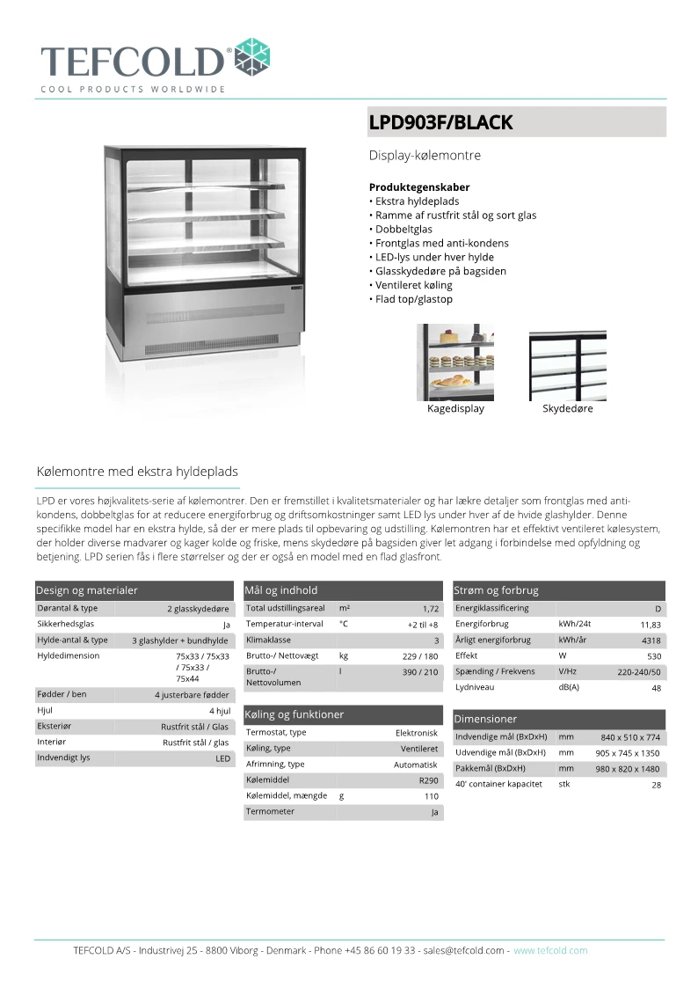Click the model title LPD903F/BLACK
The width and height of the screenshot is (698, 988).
pos(440,123)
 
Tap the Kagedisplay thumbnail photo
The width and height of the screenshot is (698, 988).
pos(455,362)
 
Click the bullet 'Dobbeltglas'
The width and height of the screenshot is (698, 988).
pos(404,229)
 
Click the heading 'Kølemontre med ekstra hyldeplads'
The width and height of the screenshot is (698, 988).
pos(137,472)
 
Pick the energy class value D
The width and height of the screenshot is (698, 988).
pos(658,609)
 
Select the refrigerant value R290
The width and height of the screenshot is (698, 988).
pos(428,780)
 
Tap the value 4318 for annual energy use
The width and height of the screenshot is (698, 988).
pos(651,640)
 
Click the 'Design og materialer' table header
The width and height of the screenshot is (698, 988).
pos(87,590)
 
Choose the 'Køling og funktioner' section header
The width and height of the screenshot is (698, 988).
pos(294,714)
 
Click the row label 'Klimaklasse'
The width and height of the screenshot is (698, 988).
pos(269,640)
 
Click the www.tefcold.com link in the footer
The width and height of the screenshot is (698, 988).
pos(550,950)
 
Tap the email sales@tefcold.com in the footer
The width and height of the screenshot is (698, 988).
pos(463,950)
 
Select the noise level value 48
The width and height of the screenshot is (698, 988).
pos(656,688)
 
